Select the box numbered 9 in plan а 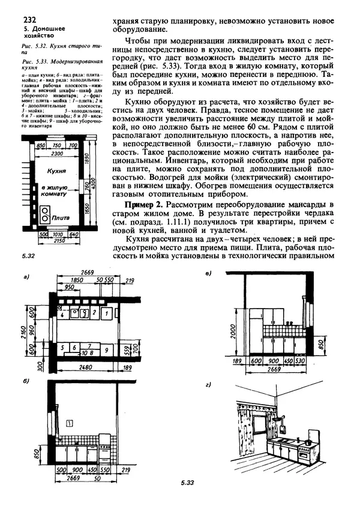106,348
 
